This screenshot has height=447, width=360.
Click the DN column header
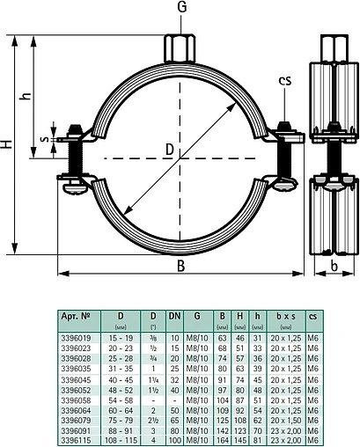click(x=176, y=314)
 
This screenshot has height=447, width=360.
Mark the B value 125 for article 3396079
click(x=224, y=418)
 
